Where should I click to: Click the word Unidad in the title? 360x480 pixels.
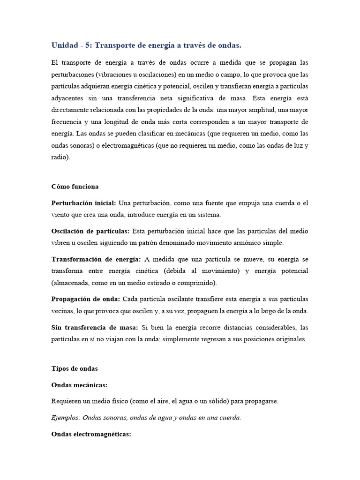65,45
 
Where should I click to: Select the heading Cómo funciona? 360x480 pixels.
75,187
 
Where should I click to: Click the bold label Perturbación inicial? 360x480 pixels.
84,203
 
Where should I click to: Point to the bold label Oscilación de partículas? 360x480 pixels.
90,231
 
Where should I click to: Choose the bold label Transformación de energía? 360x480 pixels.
96,259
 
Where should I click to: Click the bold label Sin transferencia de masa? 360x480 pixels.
95,327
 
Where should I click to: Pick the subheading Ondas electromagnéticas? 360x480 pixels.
90,434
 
